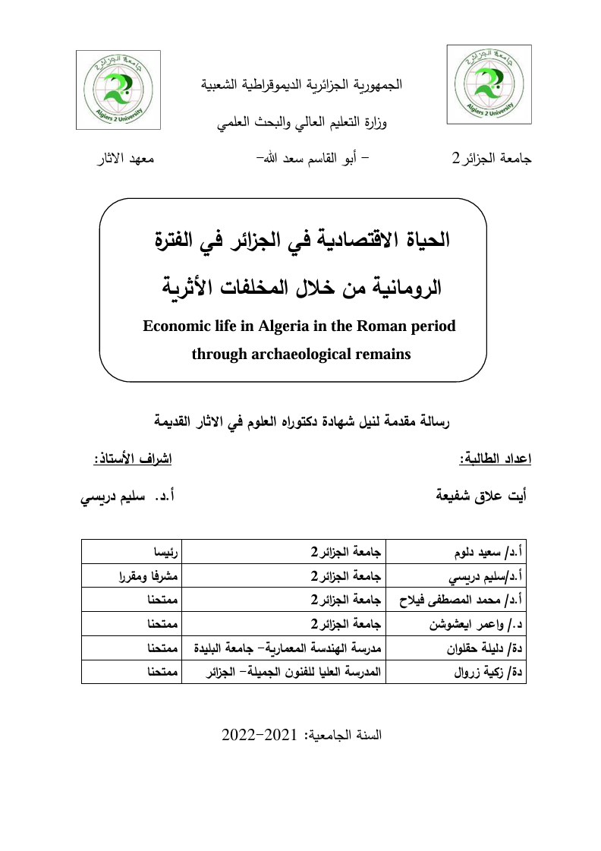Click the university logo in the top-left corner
pos(118,89)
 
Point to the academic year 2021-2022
pos(303,736)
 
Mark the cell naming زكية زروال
pos(456,672)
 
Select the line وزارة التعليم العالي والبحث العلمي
pos(302,123)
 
